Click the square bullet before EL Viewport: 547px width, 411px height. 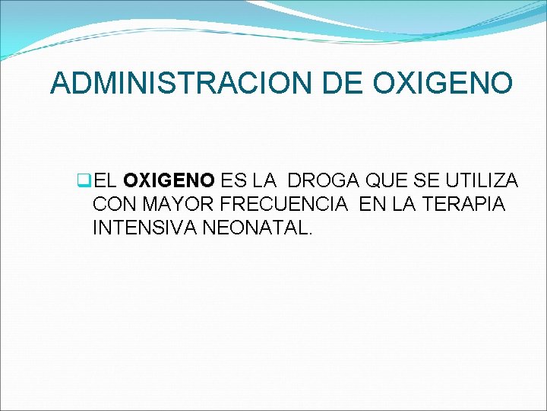[x=84, y=181]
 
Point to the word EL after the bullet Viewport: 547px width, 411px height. [x=106, y=181]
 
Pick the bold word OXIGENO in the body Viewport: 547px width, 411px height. [x=169, y=181]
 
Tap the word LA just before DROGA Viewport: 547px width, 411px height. [x=265, y=181]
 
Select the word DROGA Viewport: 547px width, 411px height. [x=319, y=181]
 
